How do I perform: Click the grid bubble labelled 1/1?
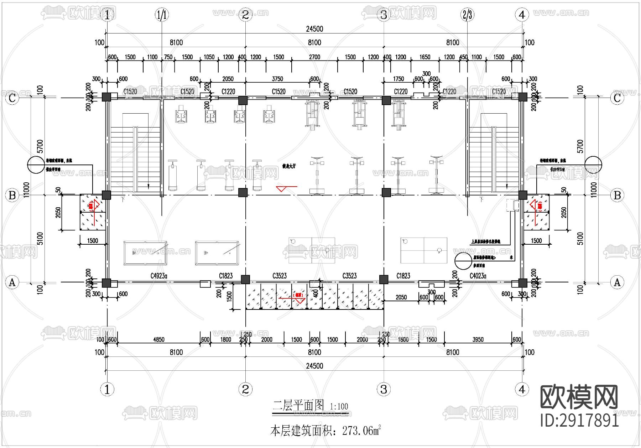[x=162, y=15]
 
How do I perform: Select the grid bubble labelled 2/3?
[x=467, y=15]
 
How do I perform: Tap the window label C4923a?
[x=159, y=276]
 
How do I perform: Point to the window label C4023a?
[x=478, y=276]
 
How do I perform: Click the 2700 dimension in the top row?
[x=314, y=57]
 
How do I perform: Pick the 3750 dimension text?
[x=277, y=79]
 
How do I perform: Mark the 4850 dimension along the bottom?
[x=159, y=339]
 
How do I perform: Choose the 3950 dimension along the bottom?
[x=478, y=339]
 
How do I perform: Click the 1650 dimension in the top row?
[x=425, y=57]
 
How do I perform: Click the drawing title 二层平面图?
[x=298, y=405]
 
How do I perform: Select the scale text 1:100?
[x=339, y=406]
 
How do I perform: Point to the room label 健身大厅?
[x=289, y=166]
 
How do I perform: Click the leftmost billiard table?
[x=145, y=253]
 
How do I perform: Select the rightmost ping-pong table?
[x=423, y=250]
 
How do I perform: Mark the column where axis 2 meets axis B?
[x=243, y=193]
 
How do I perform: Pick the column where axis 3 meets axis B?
[x=386, y=193]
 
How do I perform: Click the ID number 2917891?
[x=579, y=420]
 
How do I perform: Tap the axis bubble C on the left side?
[x=12, y=98]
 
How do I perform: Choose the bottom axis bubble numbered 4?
[x=522, y=389]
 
